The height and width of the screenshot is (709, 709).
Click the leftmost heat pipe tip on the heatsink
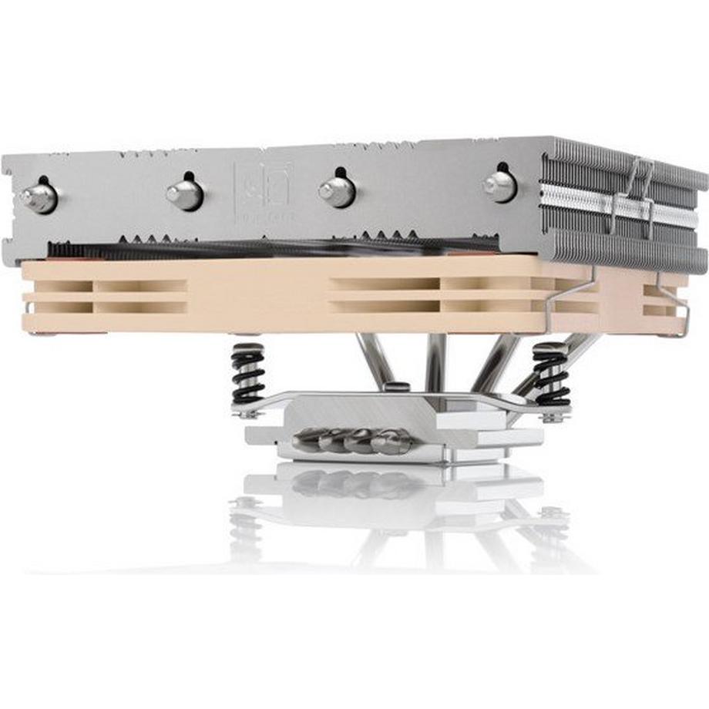[x=39, y=197]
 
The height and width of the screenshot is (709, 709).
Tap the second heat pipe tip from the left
[x=185, y=193]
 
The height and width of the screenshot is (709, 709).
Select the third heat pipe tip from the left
[x=338, y=190]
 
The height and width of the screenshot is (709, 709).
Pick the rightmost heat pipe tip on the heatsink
[x=499, y=185]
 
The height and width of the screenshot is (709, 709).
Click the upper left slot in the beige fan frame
[x=59, y=286]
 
